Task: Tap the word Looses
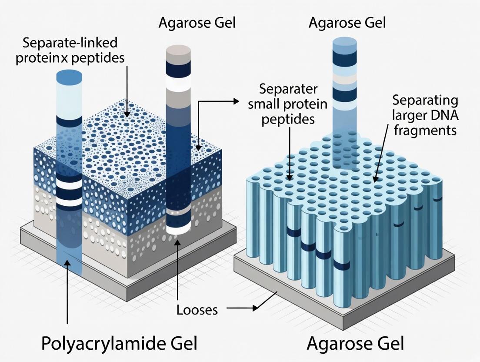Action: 197,310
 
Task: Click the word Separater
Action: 288,89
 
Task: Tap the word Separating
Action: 425,101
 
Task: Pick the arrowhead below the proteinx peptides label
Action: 126,114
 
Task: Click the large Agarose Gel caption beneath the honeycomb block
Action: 355,343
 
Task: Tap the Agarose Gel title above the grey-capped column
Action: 197,23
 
